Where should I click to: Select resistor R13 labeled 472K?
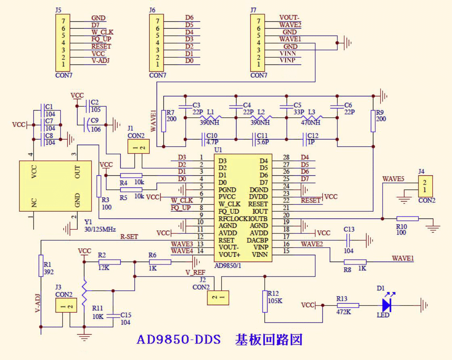click(x=347, y=305)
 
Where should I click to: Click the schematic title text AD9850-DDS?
click(x=179, y=339)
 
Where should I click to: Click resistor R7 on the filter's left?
click(x=163, y=121)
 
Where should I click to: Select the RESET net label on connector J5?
click(x=101, y=46)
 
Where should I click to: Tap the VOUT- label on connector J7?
click(x=289, y=17)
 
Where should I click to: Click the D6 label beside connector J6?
click(x=189, y=17)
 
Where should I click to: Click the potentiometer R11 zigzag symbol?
click(x=84, y=293)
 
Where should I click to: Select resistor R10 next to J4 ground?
click(x=408, y=218)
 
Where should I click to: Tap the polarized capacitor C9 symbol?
click(x=86, y=125)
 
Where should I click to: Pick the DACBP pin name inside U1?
click(x=257, y=240)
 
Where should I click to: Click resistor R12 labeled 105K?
click(x=265, y=301)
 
